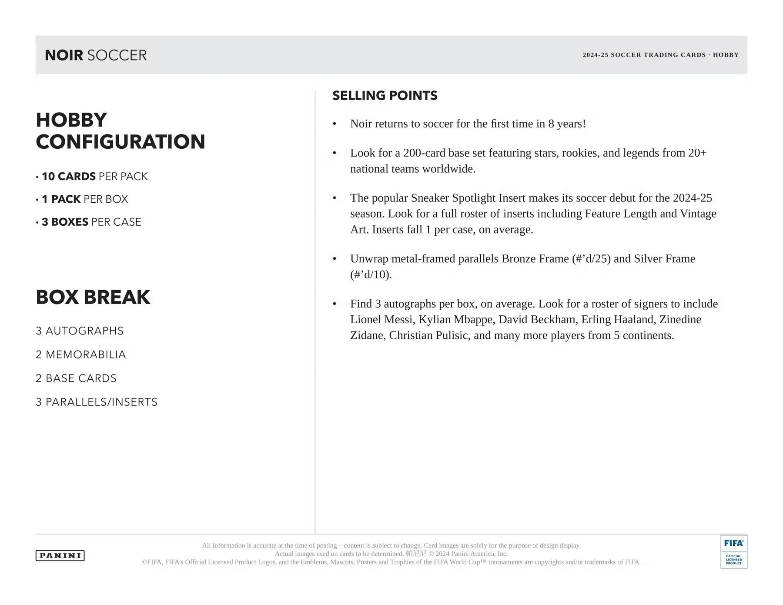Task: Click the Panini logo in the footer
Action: tap(60, 555)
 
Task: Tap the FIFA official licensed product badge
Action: tap(733, 552)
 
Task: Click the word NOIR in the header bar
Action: tap(64, 55)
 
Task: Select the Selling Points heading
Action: tap(385, 96)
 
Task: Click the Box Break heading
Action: tap(93, 297)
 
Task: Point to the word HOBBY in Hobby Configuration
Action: tap(71, 120)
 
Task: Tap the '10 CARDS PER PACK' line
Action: tap(94, 177)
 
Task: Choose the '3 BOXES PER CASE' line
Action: tap(91, 222)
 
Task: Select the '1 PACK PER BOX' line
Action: tap(85, 199)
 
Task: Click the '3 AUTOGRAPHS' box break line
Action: tap(80, 331)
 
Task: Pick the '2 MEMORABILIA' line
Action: tap(81, 355)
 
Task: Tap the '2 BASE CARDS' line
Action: tap(76, 378)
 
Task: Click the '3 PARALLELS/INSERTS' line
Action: tap(97, 402)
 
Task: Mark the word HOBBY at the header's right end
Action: tap(726, 55)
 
